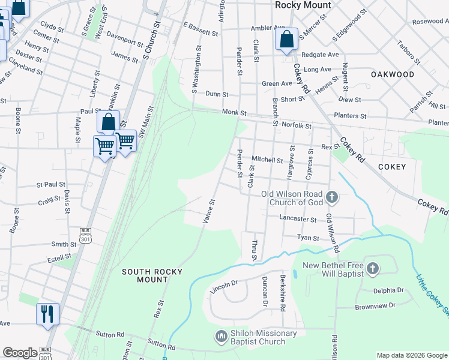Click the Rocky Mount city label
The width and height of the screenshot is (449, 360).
click(303, 5)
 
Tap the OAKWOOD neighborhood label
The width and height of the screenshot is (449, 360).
click(393, 74)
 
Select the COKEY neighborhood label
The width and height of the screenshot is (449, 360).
click(393, 167)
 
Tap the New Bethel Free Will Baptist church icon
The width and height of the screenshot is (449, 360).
click(372, 269)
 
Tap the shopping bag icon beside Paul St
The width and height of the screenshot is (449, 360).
click(108, 122)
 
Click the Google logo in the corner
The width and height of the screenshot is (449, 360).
click(20, 353)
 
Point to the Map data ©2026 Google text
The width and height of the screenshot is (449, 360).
click(411, 355)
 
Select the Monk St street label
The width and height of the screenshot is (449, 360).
click(234, 112)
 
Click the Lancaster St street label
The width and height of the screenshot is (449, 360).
click(298, 220)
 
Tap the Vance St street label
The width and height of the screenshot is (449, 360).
click(209, 211)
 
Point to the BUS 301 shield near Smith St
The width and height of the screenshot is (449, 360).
click(85, 236)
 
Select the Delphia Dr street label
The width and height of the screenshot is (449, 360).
click(388, 290)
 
